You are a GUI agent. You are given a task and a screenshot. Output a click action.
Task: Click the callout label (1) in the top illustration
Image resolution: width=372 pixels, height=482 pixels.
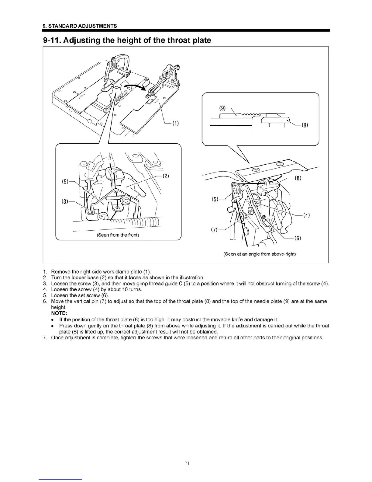pyautogui.click(x=175, y=124)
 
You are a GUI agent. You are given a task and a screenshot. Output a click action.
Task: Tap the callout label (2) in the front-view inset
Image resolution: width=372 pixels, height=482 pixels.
pyautogui.click(x=166, y=176)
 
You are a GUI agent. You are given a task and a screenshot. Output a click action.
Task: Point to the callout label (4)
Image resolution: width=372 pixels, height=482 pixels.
pyautogui.click(x=306, y=215)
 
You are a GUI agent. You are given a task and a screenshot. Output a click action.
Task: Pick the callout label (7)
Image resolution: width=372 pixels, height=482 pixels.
pyautogui.click(x=214, y=230)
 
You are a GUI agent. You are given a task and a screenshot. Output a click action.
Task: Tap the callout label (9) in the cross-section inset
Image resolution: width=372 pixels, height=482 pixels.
pyautogui.click(x=223, y=108)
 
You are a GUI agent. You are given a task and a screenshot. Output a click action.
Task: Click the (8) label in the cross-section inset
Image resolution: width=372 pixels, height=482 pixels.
pyautogui.click(x=305, y=125)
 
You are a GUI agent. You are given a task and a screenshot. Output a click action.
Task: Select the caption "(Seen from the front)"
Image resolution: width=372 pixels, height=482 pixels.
pyautogui.click(x=118, y=235)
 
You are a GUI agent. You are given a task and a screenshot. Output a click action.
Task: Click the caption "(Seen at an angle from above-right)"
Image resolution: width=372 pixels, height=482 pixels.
pyautogui.click(x=260, y=254)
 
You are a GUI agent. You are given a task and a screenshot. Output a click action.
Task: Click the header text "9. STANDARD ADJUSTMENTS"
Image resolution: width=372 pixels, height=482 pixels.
pyautogui.click(x=80, y=26)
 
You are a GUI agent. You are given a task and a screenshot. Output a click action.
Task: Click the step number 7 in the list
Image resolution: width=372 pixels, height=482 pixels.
pyautogui.click(x=45, y=337)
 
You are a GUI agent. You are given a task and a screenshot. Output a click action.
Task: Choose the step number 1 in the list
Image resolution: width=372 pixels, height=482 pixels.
pyautogui.click(x=45, y=271)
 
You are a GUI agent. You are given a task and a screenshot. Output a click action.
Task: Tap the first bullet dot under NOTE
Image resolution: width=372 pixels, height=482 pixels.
pyautogui.click(x=53, y=320)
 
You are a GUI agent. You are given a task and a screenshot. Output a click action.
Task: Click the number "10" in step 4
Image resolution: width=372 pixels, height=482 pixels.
pyautogui.click(x=121, y=289)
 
